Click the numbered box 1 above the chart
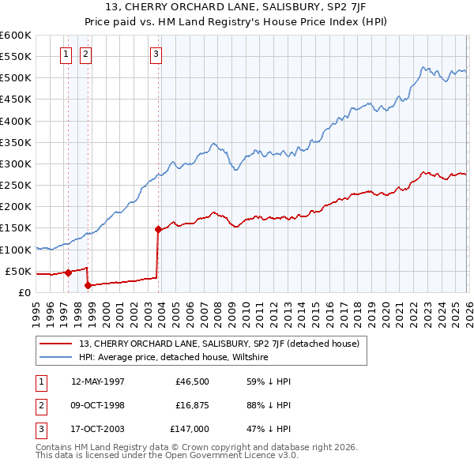(65, 54)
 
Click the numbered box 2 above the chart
(85, 54)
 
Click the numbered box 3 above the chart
(156, 54)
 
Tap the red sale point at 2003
(158, 230)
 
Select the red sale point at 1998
(88, 286)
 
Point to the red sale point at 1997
(68, 273)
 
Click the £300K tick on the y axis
(15, 164)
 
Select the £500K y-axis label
(15, 78)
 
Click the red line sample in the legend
(56, 344)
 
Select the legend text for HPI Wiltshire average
(174, 357)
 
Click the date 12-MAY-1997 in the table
(98, 381)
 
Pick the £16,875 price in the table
(193, 406)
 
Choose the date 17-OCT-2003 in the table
(98, 430)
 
